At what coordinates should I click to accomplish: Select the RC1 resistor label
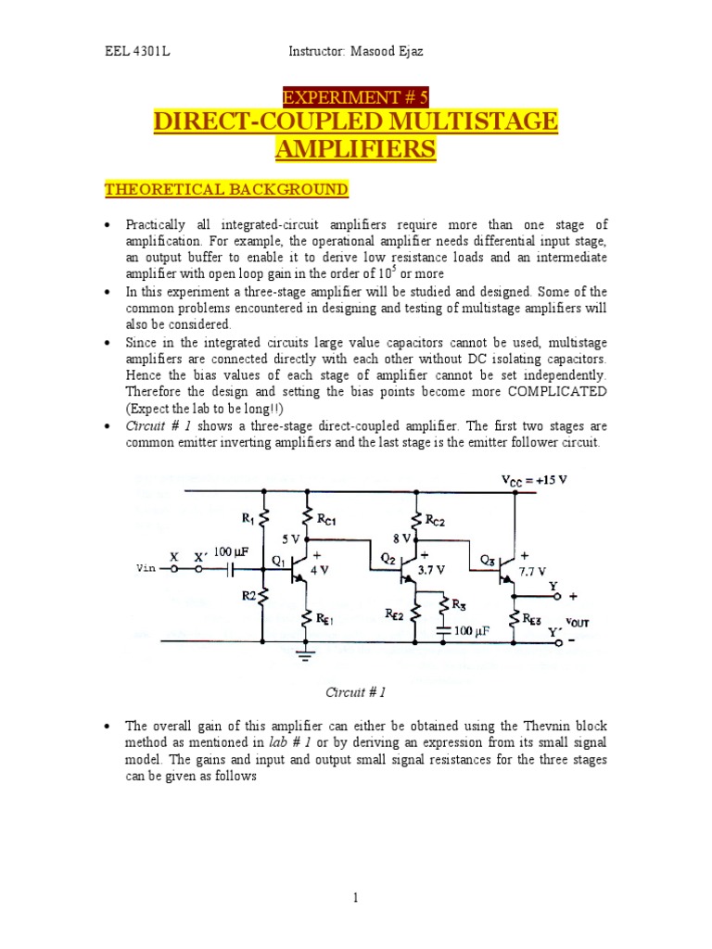tap(326, 521)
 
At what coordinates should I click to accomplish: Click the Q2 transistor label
tap(388, 558)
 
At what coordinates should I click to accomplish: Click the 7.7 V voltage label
tap(531, 572)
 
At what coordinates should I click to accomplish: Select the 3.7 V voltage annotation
tap(431, 571)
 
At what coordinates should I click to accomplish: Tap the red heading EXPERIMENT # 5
tap(355, 96)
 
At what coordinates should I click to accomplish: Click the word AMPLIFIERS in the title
tap(356, 149)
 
